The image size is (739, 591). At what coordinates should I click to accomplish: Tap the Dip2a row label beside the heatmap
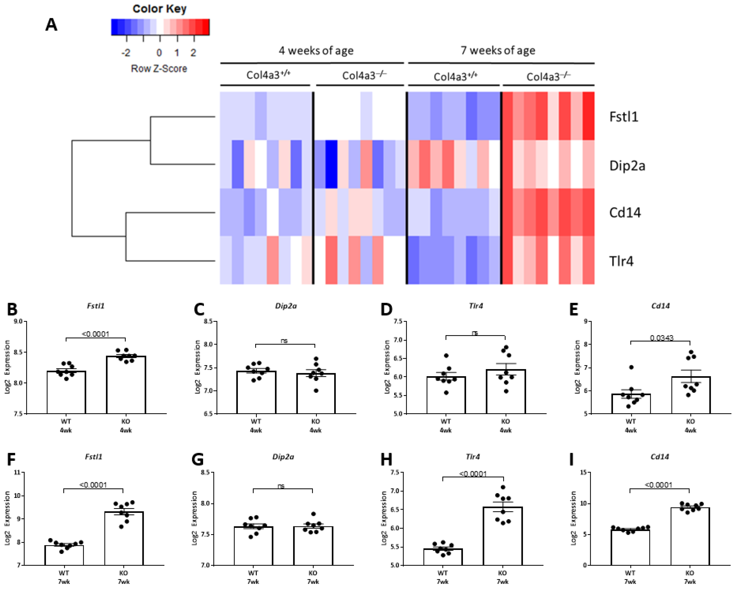(x=627, y=166)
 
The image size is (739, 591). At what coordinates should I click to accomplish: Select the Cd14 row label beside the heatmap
(x=624, y=213)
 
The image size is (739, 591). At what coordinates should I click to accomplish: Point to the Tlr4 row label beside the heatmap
(x=621, y=261)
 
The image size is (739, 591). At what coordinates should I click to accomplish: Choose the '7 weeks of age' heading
(x=498, y=51)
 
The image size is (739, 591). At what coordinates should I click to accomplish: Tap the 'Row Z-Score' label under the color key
(x=159, y=69)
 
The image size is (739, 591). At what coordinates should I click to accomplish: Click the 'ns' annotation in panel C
(x=284, y=341)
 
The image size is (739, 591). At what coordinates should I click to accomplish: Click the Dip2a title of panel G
(x=283, y=457)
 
